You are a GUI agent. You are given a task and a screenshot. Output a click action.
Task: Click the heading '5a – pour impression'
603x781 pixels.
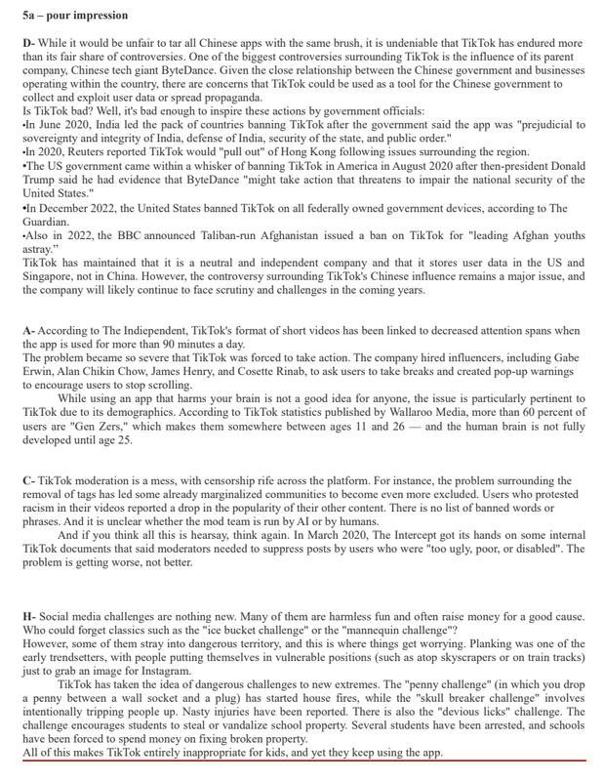[74, 16]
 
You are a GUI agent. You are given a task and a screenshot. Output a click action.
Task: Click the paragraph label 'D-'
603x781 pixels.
[28, 45]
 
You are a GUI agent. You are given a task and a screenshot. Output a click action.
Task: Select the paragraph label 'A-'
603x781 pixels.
[28, 332]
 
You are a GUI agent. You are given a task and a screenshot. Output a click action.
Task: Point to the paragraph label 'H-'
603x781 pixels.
[29, 618]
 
